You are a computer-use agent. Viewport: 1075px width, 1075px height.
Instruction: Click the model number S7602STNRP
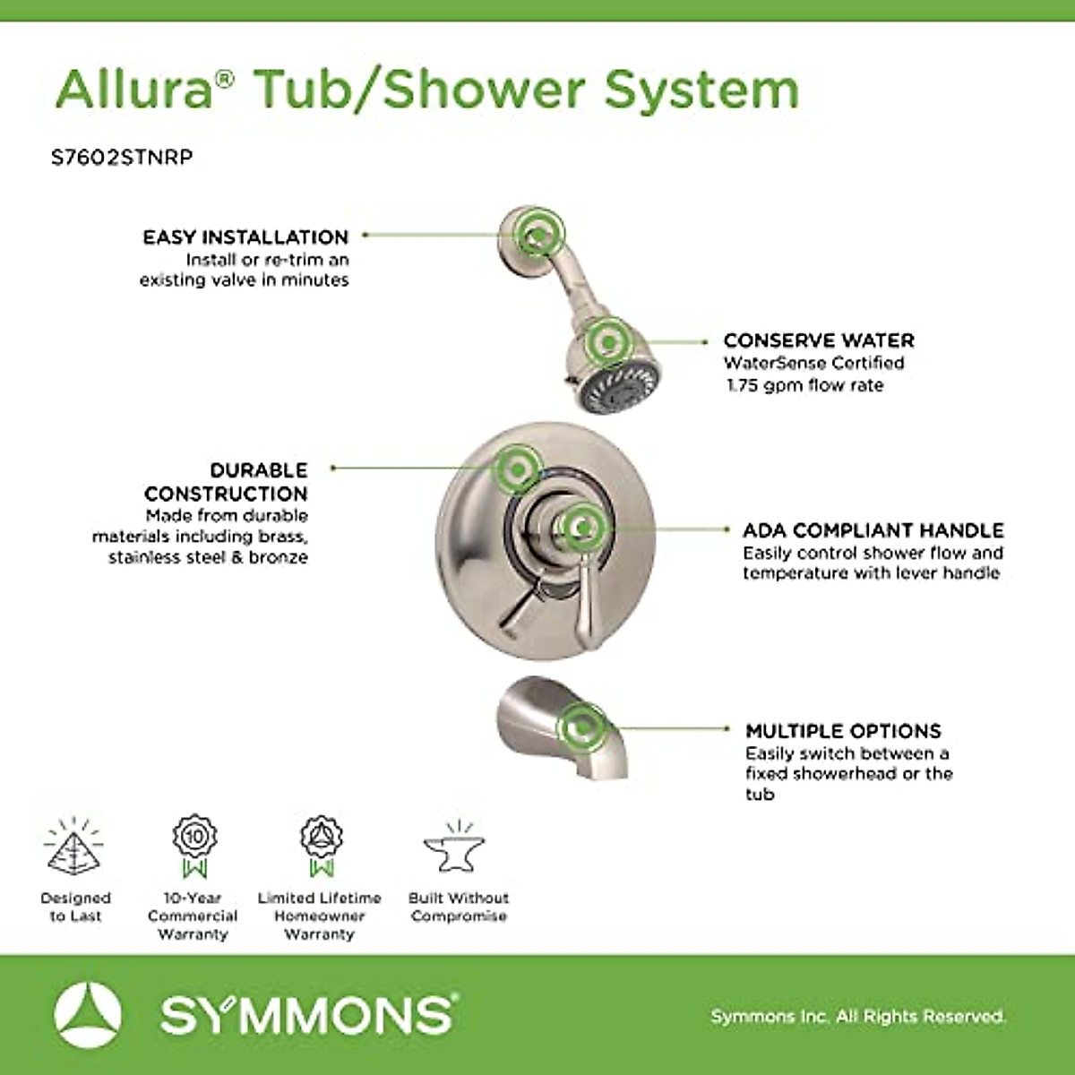(122, 158)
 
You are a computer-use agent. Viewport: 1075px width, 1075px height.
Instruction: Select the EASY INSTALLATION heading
(245, 237)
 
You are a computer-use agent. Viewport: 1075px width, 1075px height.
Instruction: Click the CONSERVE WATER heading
(819, 340)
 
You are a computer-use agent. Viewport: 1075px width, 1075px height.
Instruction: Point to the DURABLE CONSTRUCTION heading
(226, 482)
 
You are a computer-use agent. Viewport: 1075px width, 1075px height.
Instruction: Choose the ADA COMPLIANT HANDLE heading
(873, 530)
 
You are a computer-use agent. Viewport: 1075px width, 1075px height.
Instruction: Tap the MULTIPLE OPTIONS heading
(843, 731)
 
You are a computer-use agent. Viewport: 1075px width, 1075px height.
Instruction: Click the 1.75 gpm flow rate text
(804, 385)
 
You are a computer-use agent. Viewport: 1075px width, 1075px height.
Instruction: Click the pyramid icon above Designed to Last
(74, 847)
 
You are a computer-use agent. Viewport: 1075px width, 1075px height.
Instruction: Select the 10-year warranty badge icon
(194, 845)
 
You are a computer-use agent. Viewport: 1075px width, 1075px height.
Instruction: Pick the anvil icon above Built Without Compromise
(455, 847)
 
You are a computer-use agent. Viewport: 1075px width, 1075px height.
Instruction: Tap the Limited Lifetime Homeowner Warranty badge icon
(321, 845)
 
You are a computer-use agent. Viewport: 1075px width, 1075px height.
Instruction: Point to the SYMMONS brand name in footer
(307, 1015)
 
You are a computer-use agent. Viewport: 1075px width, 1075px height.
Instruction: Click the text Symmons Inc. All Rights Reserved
(857, 1017)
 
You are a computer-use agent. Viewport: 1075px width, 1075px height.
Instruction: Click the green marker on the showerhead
(609, 341)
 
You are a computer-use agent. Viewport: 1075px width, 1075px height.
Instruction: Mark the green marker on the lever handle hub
(582, 527)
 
